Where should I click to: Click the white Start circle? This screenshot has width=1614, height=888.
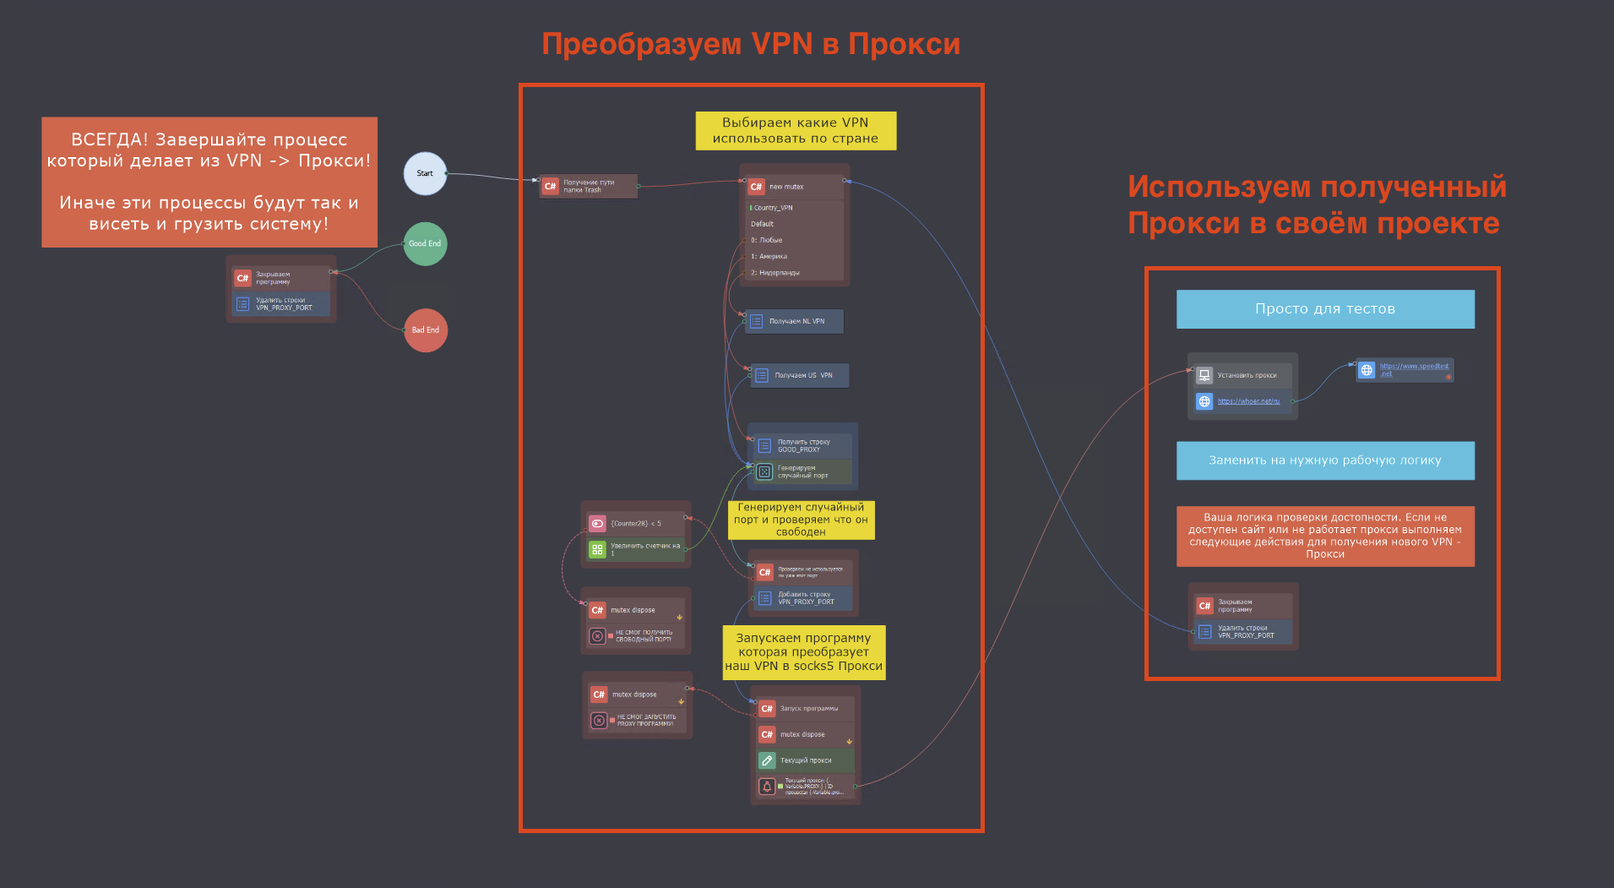click(x=425, y=173)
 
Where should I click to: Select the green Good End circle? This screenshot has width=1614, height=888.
click(x=425, y=243)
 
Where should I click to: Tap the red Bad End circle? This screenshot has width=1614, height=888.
click(x=426, y=330)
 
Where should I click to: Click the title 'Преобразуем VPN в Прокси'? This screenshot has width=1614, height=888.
click(x=751, y=44)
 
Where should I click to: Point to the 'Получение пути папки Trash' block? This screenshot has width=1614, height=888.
click(x=589, y=186)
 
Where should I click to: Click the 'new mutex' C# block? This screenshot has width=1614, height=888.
click(x=794, y=187)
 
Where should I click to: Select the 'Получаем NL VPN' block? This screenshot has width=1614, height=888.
click(x=795, y=321)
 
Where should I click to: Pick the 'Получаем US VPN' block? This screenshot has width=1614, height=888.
click(x=801, y=375)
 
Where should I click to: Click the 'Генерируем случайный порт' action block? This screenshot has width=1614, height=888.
click(x=802, y=471)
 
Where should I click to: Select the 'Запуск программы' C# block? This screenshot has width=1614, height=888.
click(x=807, y=709)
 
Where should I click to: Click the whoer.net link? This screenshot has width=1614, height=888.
click(x=1248, y=401)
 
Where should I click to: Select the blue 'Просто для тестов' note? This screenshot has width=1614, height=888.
click(x=1324, y=309)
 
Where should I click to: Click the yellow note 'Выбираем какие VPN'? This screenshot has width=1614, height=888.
click(x=796, y=131)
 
